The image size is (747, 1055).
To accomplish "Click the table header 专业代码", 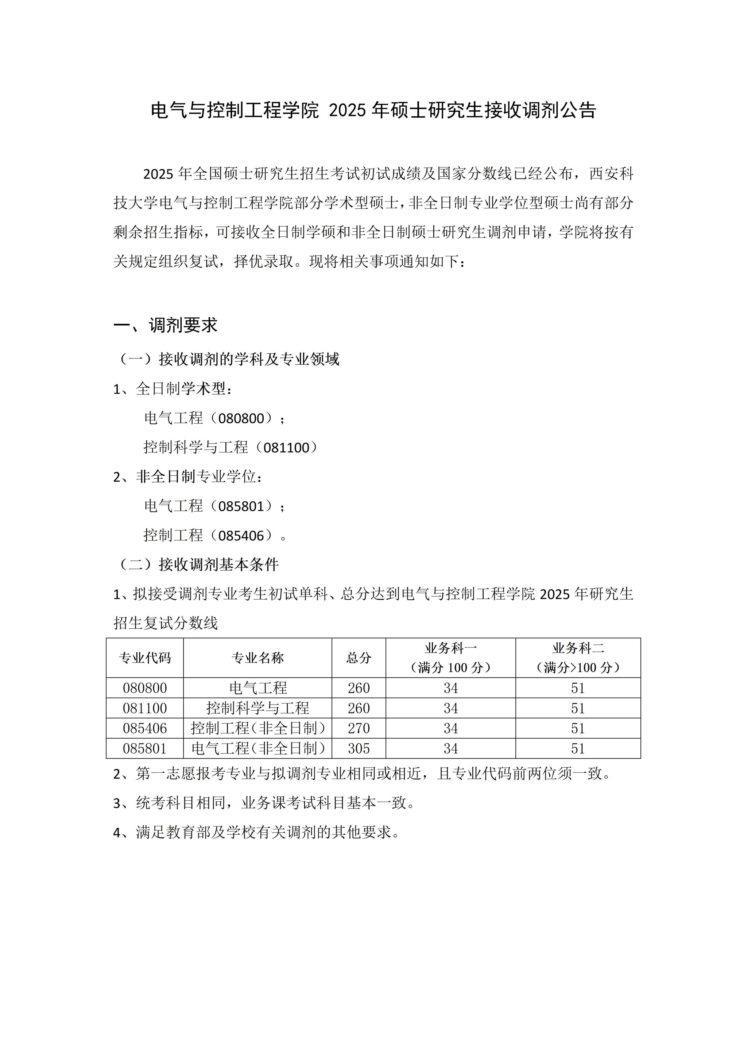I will (144, 658).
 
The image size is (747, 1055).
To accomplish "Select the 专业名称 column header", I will (257, 658).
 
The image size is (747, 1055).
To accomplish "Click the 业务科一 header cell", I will (450, 658).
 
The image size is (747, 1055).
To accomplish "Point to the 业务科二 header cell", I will (578, 658).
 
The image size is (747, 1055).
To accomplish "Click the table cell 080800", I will (144, 688).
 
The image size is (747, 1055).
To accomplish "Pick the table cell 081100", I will (144, 708).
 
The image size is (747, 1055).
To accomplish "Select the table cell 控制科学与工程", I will (257, 708).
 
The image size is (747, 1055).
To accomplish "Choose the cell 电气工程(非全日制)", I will (258, 749).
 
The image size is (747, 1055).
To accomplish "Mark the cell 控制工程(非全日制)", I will (258, 728).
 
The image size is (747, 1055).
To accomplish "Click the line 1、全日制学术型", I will (173, 389).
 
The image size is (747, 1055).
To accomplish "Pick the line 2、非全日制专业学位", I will (188, 476).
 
